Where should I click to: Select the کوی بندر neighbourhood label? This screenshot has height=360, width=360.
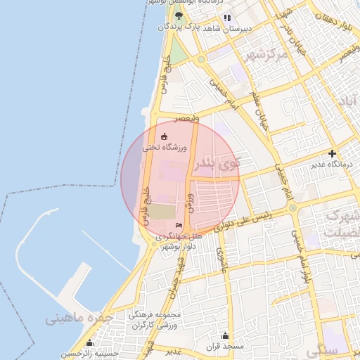tap(216, 165)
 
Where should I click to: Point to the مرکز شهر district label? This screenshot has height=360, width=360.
tap(263, 54)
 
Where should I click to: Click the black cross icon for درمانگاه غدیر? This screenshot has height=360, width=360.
tap(332, 153)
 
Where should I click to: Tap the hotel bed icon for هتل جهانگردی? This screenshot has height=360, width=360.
tap(179, 225)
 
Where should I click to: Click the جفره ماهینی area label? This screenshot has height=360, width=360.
tap(79, 318)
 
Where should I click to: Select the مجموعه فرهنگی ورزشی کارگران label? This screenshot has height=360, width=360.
tap(156, 319)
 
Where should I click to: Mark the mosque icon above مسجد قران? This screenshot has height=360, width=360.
tap(225, 335)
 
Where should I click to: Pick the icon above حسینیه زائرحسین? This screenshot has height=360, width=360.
tap(89, 343)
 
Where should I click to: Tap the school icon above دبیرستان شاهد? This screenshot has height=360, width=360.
tap(226, 18)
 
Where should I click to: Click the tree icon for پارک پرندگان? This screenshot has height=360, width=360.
tap(179, 15)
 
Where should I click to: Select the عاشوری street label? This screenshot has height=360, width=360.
tap(219, 257)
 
